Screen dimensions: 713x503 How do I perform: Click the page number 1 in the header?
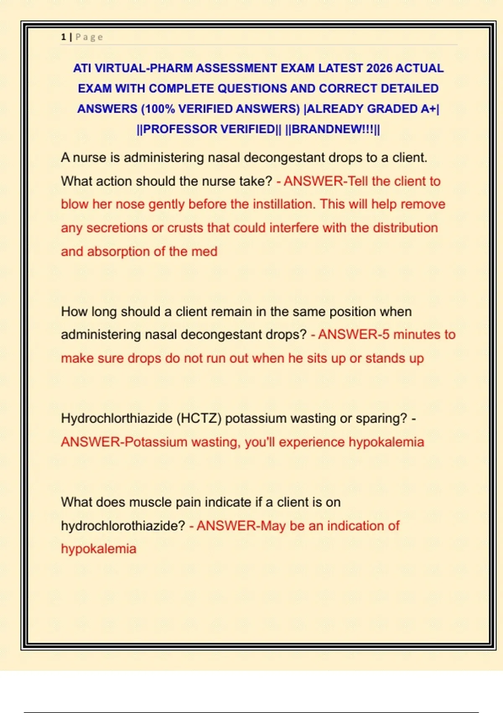pyautogui.click(x=63, y=37)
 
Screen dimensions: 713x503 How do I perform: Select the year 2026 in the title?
pyautogui.click(x=379, y=68)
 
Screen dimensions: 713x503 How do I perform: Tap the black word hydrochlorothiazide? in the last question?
pyautogui.click(x=123, y=526)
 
